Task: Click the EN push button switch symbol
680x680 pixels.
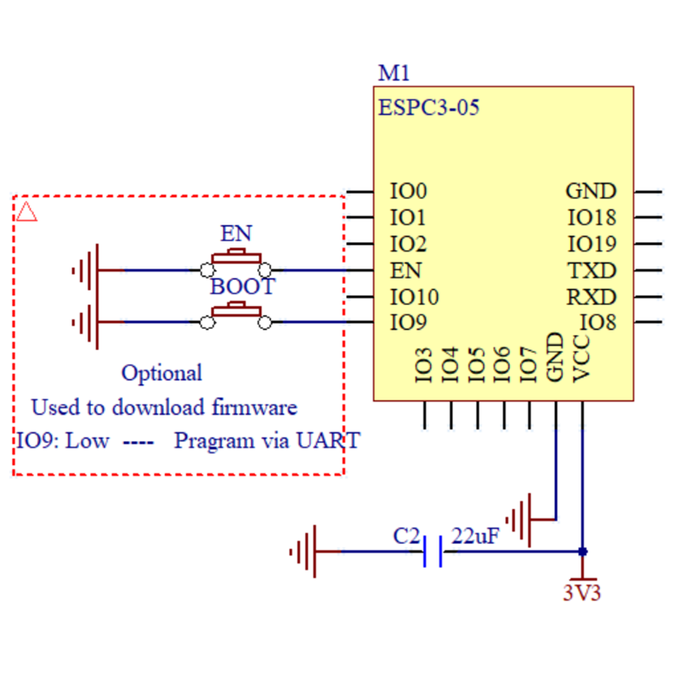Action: [236, 263]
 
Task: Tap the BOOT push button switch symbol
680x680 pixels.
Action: [236, 314]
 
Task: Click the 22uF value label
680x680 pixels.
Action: [474, 536]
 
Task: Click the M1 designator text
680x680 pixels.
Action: [394, 73]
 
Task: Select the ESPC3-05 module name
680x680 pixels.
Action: [429, 108]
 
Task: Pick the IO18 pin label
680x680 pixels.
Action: [592, 218]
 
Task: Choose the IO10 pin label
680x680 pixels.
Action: [414, 297]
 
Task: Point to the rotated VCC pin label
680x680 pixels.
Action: [582, 359]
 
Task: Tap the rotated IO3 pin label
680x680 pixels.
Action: [424, 363]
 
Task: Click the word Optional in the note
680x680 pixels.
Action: [161, 372]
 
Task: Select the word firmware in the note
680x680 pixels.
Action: [257, 407]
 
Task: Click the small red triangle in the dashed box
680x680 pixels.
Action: [26, 211]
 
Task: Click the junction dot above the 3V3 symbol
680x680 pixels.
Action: [582, 551]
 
